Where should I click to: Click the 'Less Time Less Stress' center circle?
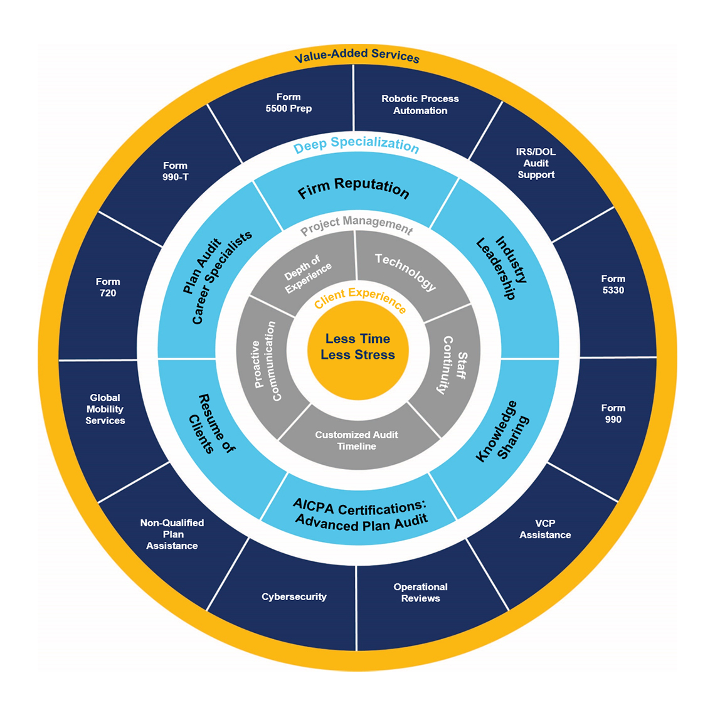pyautogui.click(x=357, y=347)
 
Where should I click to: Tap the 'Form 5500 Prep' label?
pyautogui.click(x=289, y=103)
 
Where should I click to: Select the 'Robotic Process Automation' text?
pyautogui.click(x=420, y=105)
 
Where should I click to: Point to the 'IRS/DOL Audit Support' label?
pyautogui.click(x=536, y=163)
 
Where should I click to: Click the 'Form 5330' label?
pyautogui.click(x=613, y=284)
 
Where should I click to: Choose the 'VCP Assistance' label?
pyautogui.click(x=545, y=529)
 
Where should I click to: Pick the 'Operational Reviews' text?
pyautogui.click(x=420, y=593)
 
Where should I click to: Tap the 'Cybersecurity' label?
pyautogui.click(x=294, y=596)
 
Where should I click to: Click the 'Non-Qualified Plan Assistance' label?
pyautogui.click(x=172, y=534)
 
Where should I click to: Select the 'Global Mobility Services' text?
pyautogui.click(x=105, y=409)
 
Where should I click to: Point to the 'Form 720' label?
pyautogui.click(x=108, y=287)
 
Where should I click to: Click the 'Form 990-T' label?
pyautogui.click(x=175, y=171)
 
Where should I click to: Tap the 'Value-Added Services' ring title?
pyautogui.click(x=357, y=56)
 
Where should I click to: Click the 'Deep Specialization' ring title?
pyautogui.click(x=356, y=145)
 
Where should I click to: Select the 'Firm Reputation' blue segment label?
pyautogui.click(x=354, y=188)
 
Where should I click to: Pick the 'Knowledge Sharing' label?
pyautogui.click(x=502, y=432)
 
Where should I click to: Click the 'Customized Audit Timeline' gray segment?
pyautogui.click(x=356, y=440)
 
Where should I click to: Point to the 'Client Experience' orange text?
pyautogui.click(x=360, y=299)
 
